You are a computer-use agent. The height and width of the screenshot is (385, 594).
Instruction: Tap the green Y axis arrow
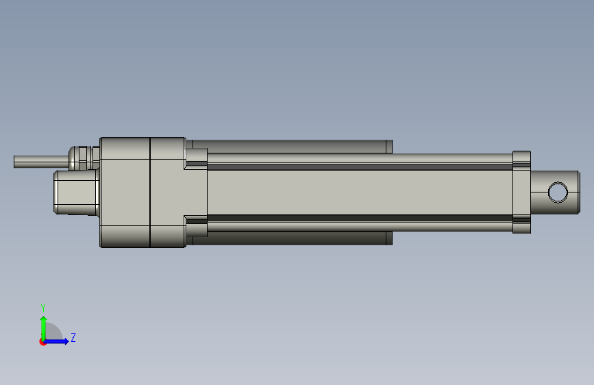pyautogui.click(x=44, y=328)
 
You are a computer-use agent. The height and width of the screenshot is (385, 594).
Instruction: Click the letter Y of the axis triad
pyautogui.click(x=43, y=308)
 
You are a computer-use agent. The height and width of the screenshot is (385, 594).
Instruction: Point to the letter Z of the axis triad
pyautogui.click(x=73, y=337)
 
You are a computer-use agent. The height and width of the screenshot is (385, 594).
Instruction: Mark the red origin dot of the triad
pyautogui.click(x=42, y=342)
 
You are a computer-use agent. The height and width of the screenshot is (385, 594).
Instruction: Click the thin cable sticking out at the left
pyautogui.click(x=42, y=162)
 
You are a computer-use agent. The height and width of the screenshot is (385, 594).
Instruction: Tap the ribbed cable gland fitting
pyautogui.click(x=84, y=158)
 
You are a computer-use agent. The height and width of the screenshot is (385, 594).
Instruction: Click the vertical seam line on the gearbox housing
pyautogui.click(x=150, y=192)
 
